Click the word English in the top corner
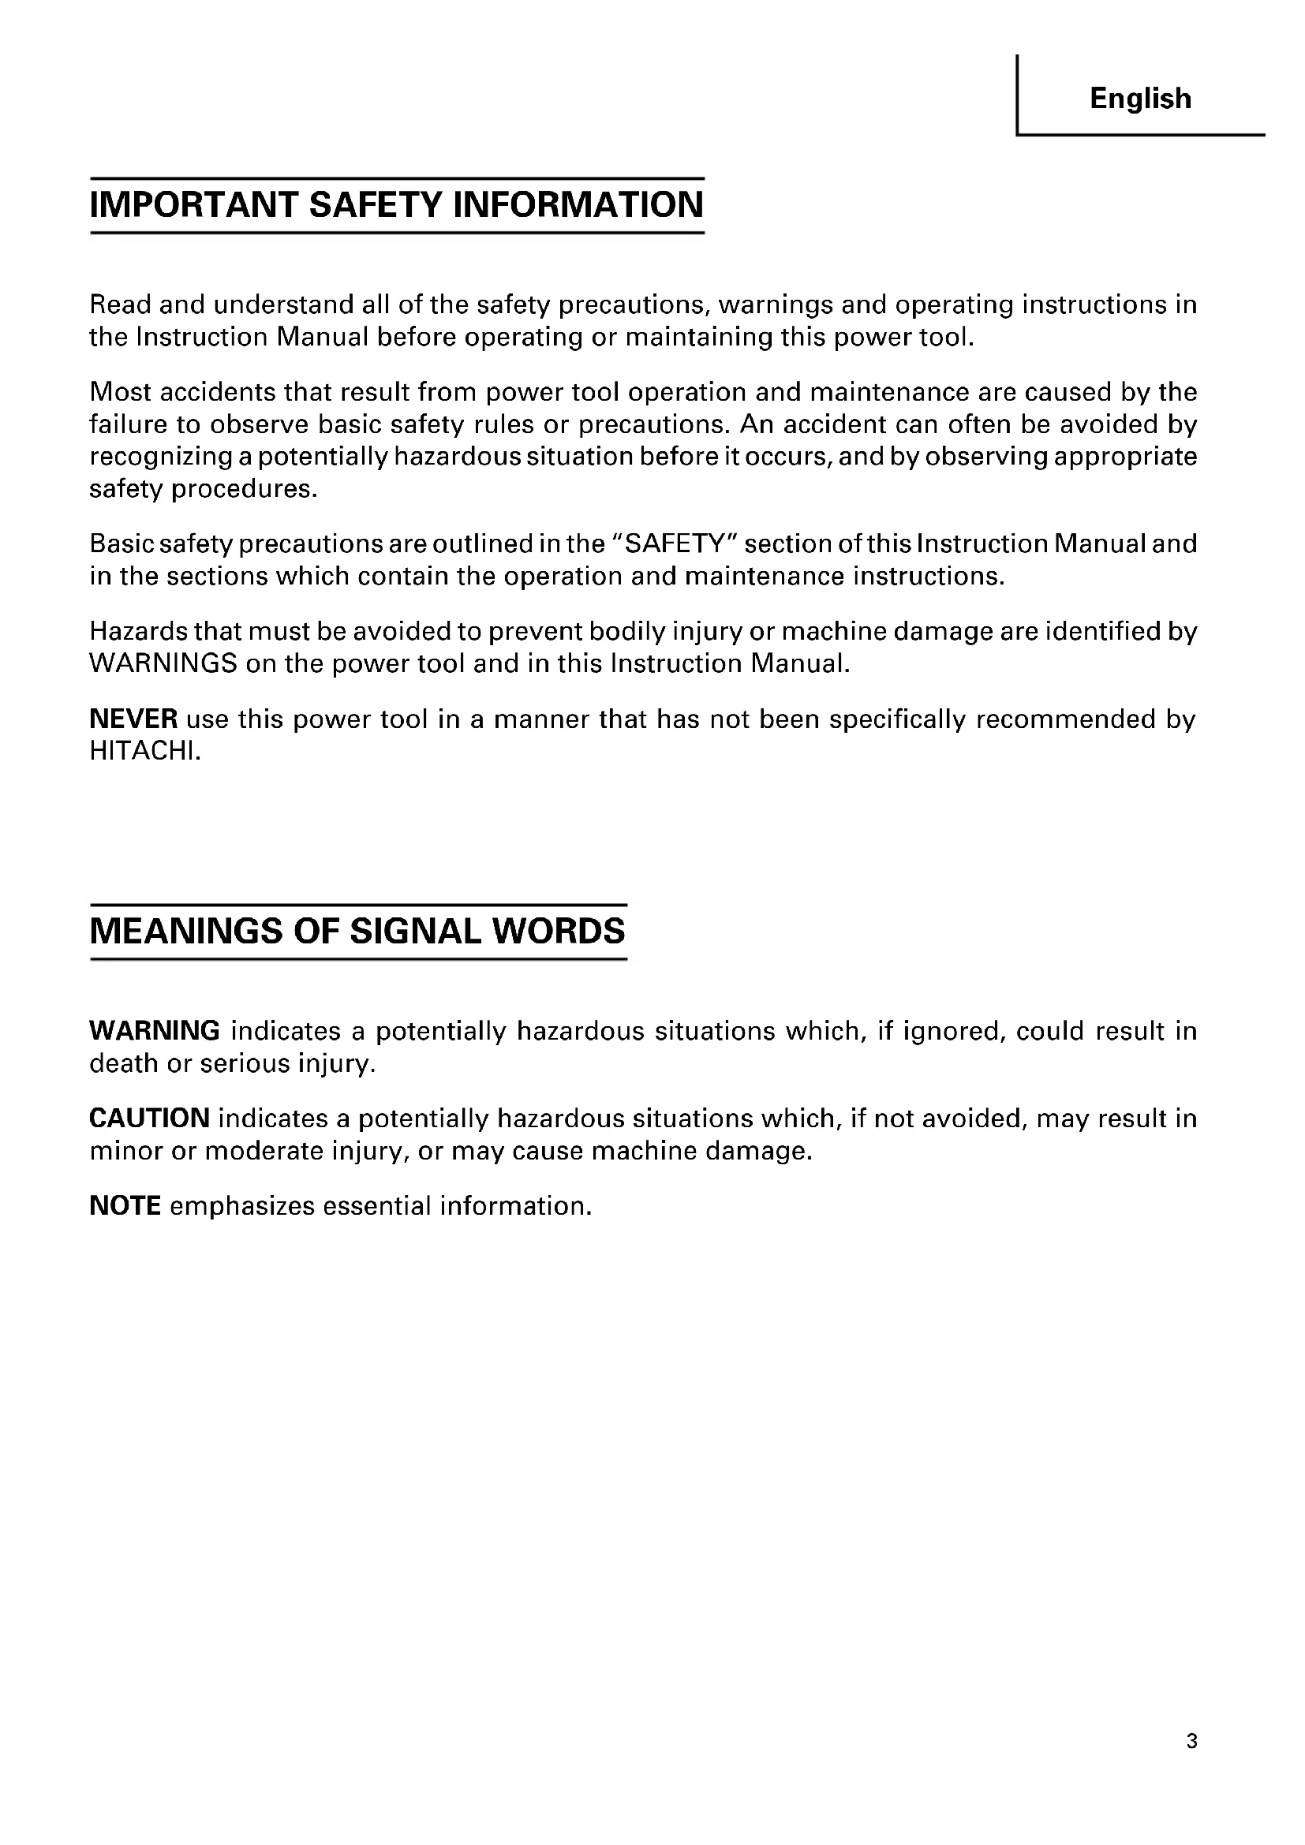(1140, 99)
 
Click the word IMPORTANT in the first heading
(193, 204)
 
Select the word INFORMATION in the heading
(578, 204)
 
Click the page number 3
(1191, 1742)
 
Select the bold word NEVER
(133, 719)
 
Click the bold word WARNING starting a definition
(155, 1031)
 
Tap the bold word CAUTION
(149, 1119)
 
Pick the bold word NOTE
(125, 1206)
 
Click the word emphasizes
(242, 1206)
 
